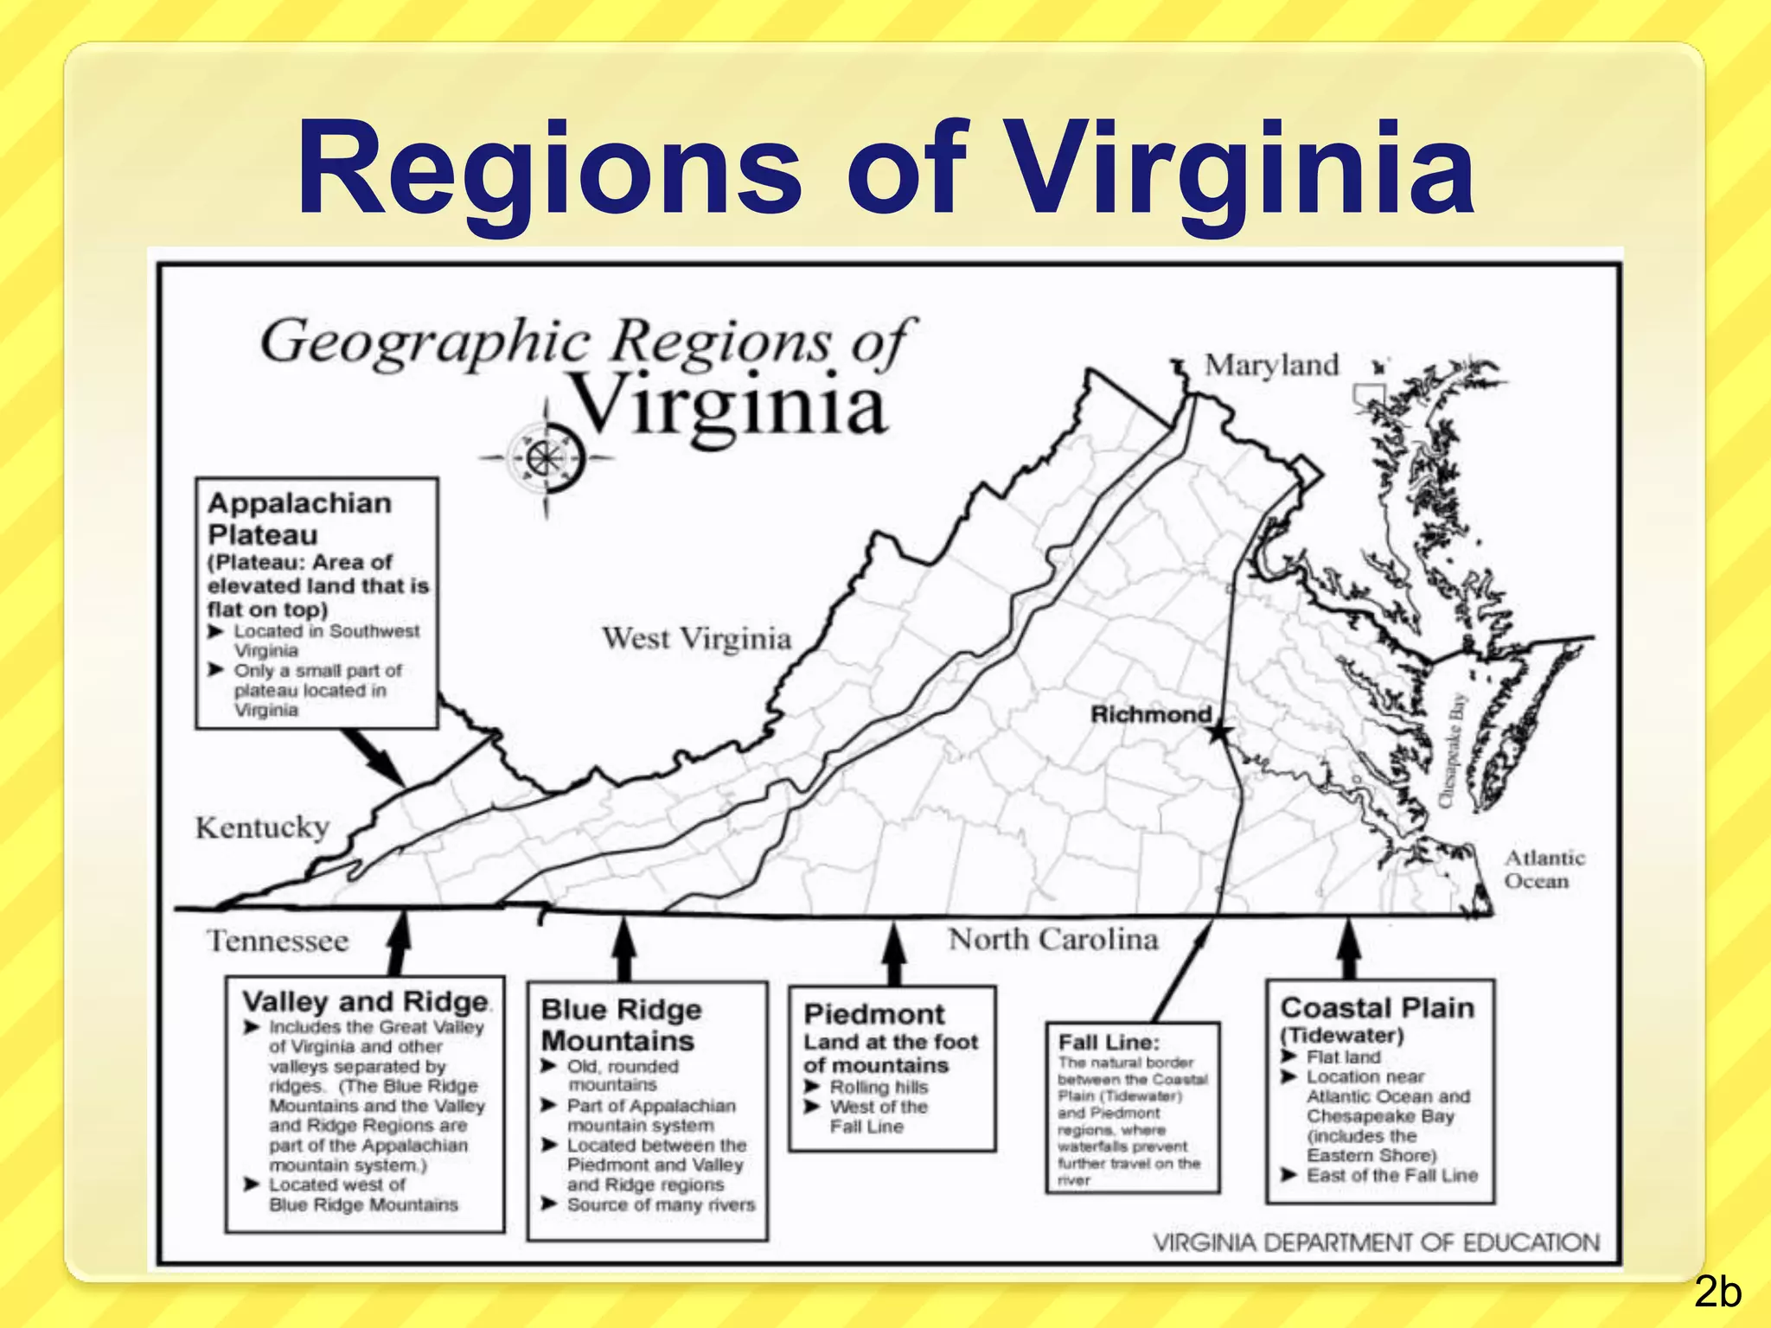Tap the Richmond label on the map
(1151, 714)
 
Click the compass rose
(546, 457)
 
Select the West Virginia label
(696, 639)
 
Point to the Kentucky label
(262, 827)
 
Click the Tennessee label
(278, 941)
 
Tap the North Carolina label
(1052, 939)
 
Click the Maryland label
(1271, 365)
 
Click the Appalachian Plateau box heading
(299, 518)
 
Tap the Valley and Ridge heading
(365, 1001)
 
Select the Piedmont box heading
(873, 1013)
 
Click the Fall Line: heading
(1109, 1042)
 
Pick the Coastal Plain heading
(1377, 1008)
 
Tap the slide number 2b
(1717, 1293)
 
